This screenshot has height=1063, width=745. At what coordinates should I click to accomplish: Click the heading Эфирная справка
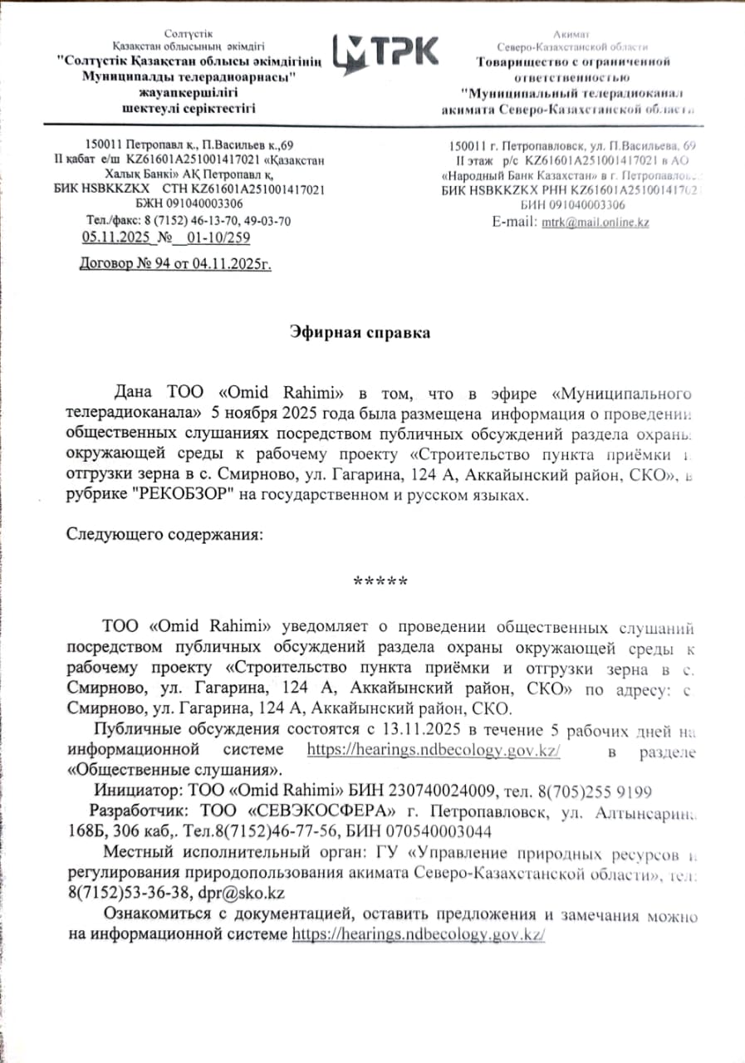click(x=360, y=333)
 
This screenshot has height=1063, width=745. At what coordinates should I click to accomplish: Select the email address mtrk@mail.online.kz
click(x=595, y=223)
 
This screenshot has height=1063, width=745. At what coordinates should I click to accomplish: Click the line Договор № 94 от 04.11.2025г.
click(x=175, y=265)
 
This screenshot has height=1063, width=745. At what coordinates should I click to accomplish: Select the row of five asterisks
click(x=380, y=581)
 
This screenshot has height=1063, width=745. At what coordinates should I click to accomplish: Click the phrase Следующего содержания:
click(x=164, y=535)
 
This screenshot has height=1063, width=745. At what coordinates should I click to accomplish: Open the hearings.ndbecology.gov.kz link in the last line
click(x=418, y=934)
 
